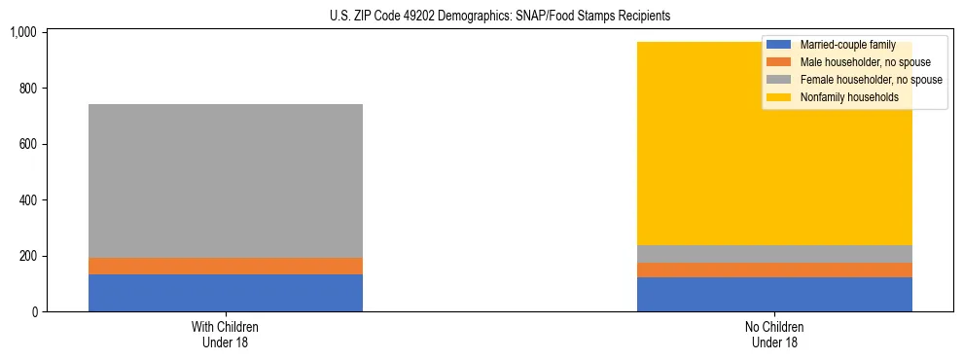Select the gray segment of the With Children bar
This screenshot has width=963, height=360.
click(226, 181)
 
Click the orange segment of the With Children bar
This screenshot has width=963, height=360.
click(226, 266)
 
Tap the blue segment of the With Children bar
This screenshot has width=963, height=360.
click(226, 293)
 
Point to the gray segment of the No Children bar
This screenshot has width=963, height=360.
click(774, 254)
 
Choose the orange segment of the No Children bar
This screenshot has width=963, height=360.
click(774, 270)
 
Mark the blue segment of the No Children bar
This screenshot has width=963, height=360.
click(774, 295)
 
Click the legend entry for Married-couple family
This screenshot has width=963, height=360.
click(846, 45)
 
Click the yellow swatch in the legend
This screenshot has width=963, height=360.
click(779, 97)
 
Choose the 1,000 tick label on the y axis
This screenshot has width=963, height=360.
click(22, 32)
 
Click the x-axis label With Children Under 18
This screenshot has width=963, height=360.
click(226, 334)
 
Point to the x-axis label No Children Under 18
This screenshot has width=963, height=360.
click(774, 334)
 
